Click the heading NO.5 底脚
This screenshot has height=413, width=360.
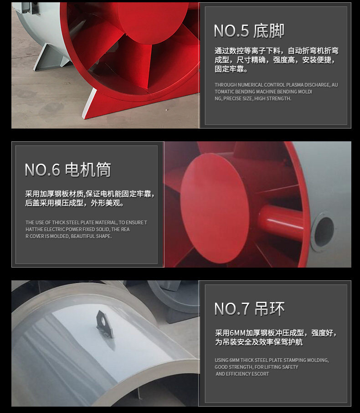pyautogui.click(x=249, y=31)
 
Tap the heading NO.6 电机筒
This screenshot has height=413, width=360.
pyautogui.click(x=67, y=170)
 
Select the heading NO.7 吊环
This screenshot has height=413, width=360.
pyautogui.click(x=249, y=309)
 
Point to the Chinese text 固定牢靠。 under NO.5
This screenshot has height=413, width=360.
pyautogui.click(x=231, y=69)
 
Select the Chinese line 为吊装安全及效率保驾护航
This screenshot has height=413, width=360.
pyautogui.click(x=259, y=342)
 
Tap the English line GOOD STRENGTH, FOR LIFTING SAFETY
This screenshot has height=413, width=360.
pyautogui.click(x=256, y=367)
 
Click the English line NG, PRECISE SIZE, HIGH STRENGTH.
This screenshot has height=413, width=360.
pyautogui.click(x=252, y=98)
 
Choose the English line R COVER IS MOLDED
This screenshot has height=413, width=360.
pyautogui.click(x=68, y=236)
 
